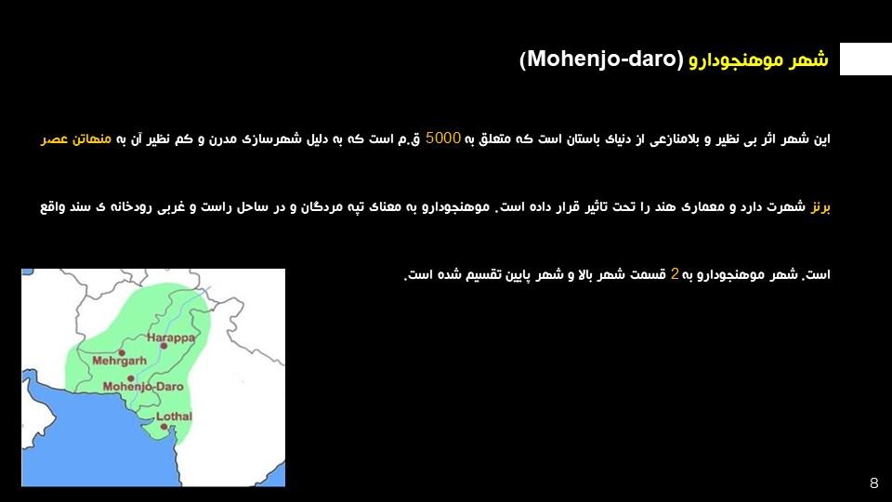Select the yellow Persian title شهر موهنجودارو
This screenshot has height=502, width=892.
click(x=758, y=59)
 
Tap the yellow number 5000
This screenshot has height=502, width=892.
click(x=442, y=139)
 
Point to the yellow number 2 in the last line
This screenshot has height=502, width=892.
click(x=675, y=273)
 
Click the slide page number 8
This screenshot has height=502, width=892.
click(x=873, y=483)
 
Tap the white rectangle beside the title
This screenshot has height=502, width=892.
click(x=866, y=59)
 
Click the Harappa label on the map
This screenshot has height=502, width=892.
click(x=171, y=337)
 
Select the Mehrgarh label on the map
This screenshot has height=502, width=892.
click(x=120, y=361)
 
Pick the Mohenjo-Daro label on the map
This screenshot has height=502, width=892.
click(x=143, y=387)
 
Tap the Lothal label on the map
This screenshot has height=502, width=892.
click(x=174, y=416)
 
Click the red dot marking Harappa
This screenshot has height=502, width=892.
click(x=164, y=346)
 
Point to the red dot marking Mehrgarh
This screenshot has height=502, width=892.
click(x=122, y=353)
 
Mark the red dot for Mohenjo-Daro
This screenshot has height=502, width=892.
click(x=131, y=378)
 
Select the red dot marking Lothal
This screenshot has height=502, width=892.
click(x=164, y=427)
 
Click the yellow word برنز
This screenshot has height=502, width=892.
click(x=820, y=207)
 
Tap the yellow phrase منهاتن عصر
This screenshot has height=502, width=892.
click(x=75, y=139)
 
